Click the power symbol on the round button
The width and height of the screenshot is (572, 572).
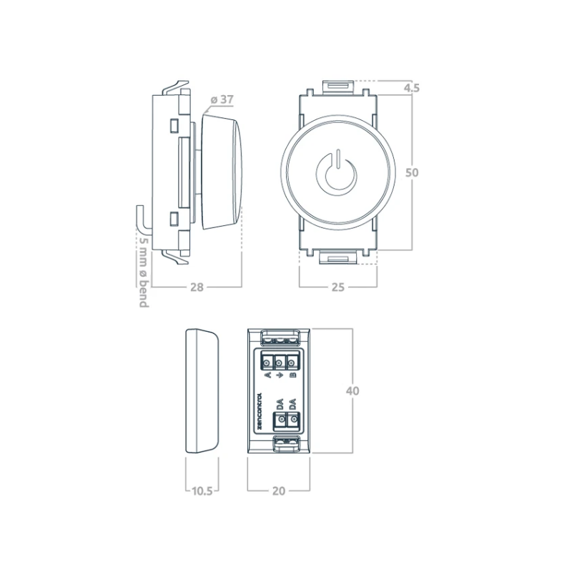[x=337, y=171]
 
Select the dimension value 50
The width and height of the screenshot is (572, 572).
[x=412, y=172]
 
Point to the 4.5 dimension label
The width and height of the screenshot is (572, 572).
[x=412, y=88]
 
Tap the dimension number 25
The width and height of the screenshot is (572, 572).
[x=337, y=287]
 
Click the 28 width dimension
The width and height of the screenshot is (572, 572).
[x=197, y=287]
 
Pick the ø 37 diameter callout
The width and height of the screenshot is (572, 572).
[x=222, y=99]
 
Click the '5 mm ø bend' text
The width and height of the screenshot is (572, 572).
[x=144, y=272]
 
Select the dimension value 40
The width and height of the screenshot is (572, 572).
[x=352, y=391]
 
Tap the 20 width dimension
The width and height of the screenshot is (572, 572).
[x=279, y=491]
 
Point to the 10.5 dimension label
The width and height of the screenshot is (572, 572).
[x=202, y=491]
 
